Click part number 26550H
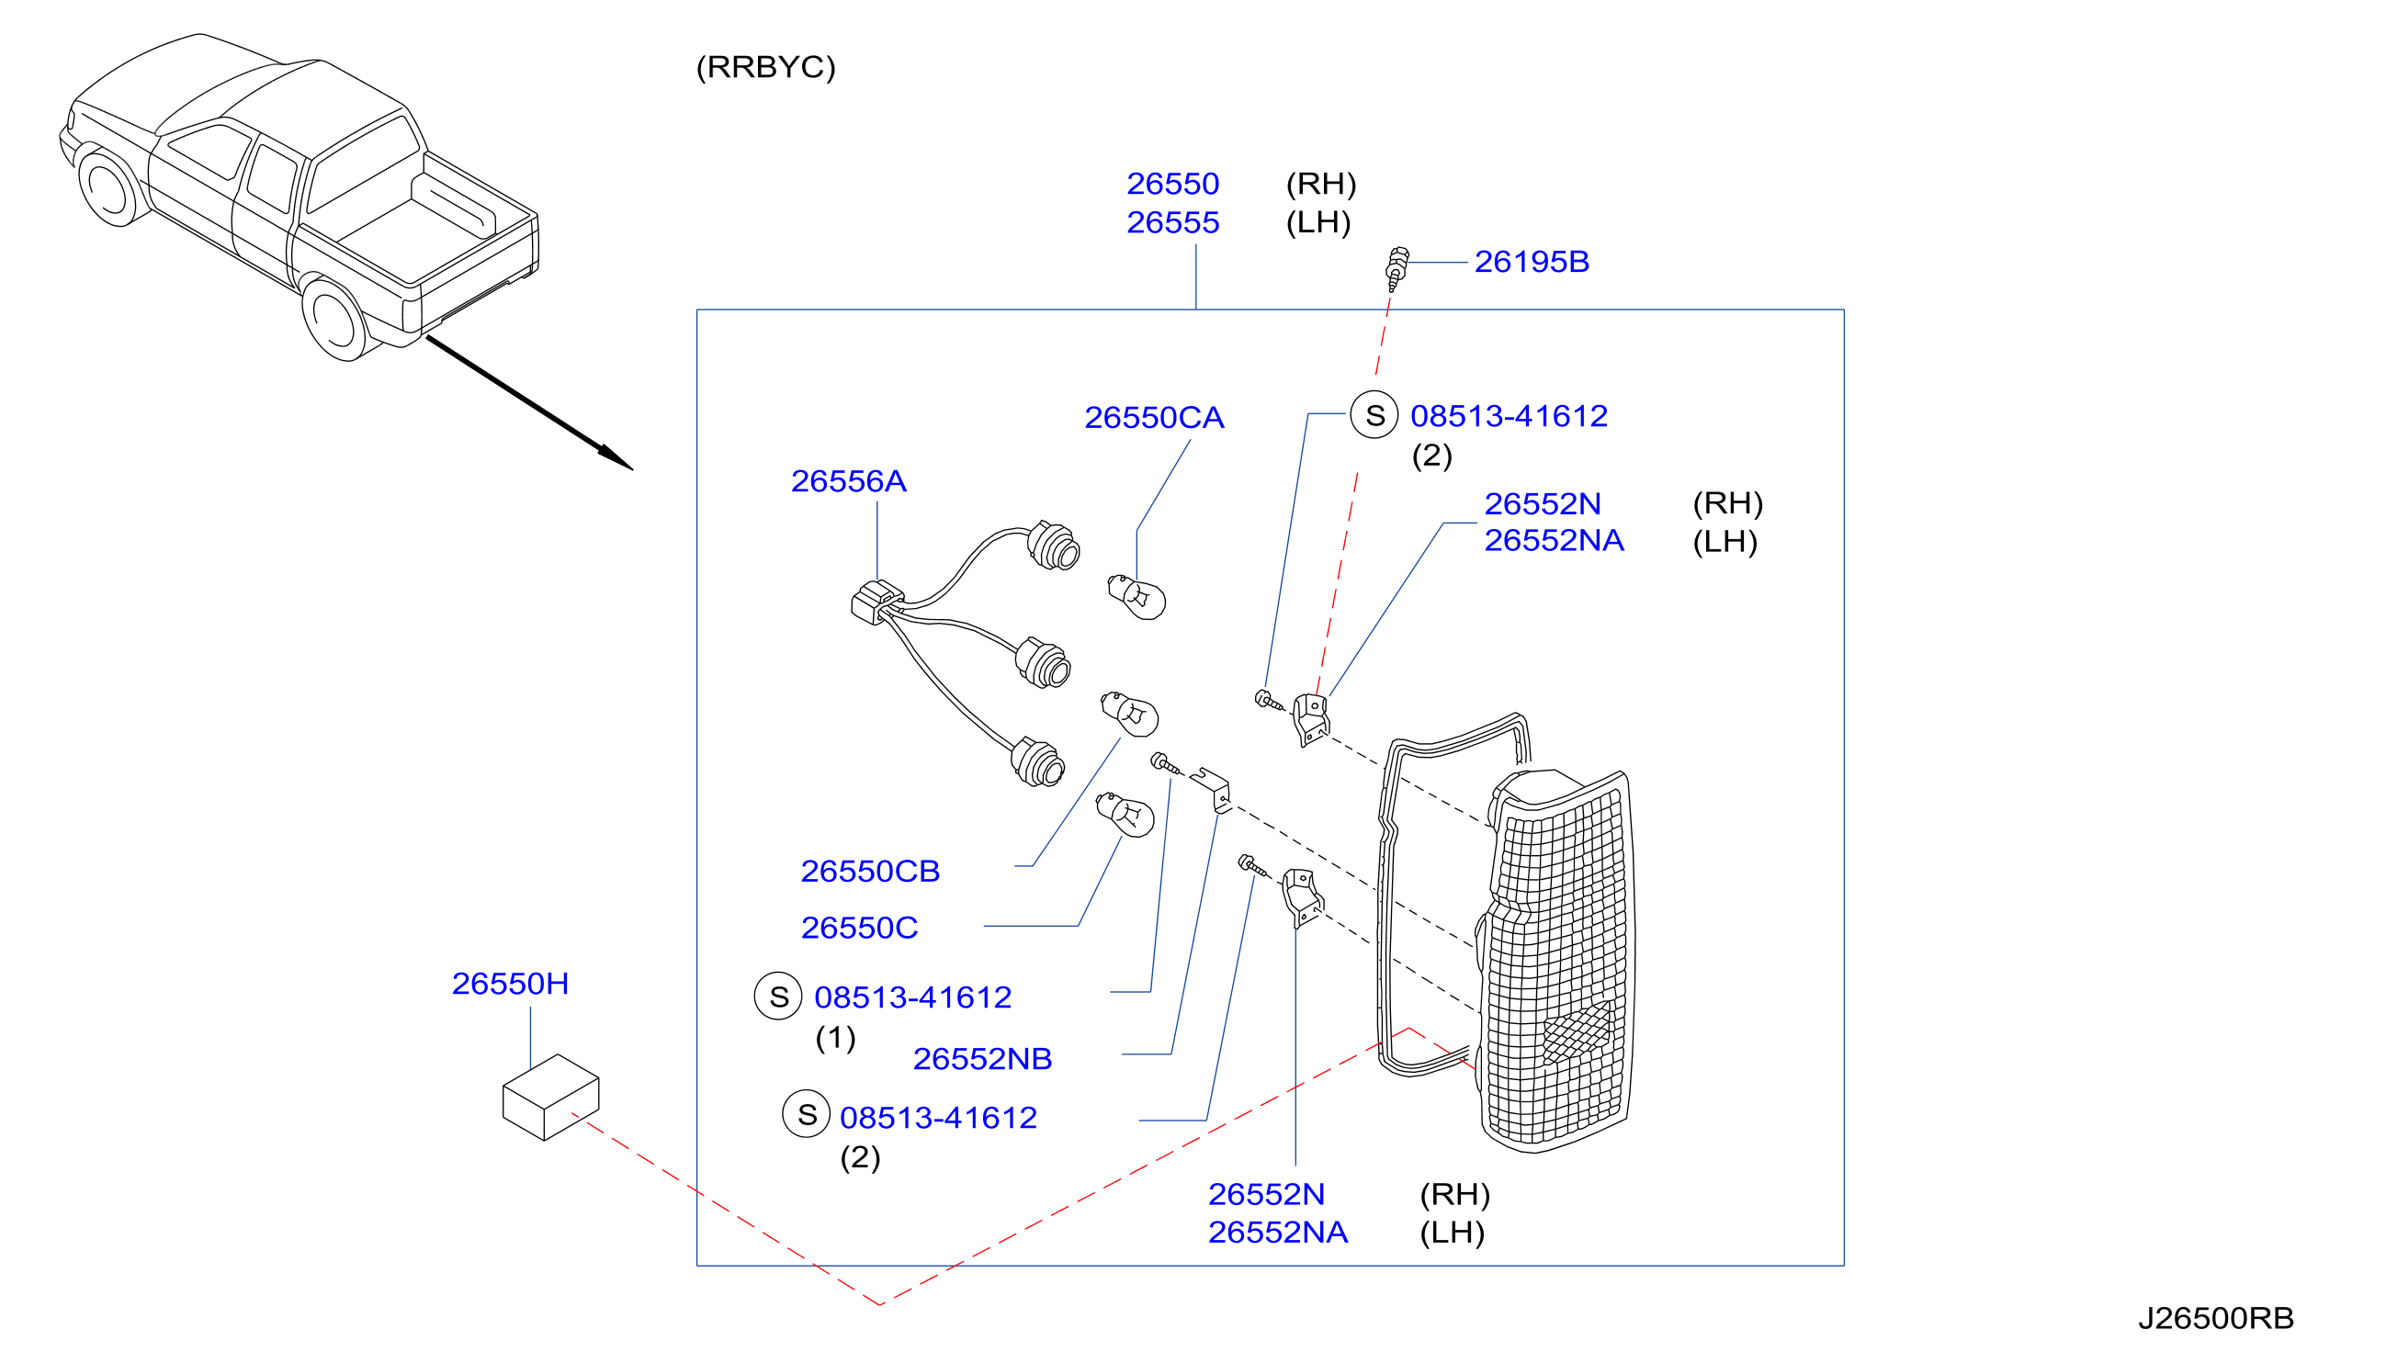point(510,984)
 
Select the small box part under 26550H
point(550,1098)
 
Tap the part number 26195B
point(1532,262)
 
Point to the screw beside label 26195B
point(1397,269)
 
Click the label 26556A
point(848,481)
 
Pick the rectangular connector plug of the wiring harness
point(876,602)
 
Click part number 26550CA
point(1154,418)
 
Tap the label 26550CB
point(870,872)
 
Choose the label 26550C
point(859,928)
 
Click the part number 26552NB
point(982,1059)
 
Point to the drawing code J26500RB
point(2216,1318)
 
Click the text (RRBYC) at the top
point(766,67)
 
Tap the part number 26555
point(1172,223)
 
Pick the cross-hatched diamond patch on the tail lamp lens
point(1577,1031)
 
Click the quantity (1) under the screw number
point(835,1037)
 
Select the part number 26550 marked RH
point(1172,185)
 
